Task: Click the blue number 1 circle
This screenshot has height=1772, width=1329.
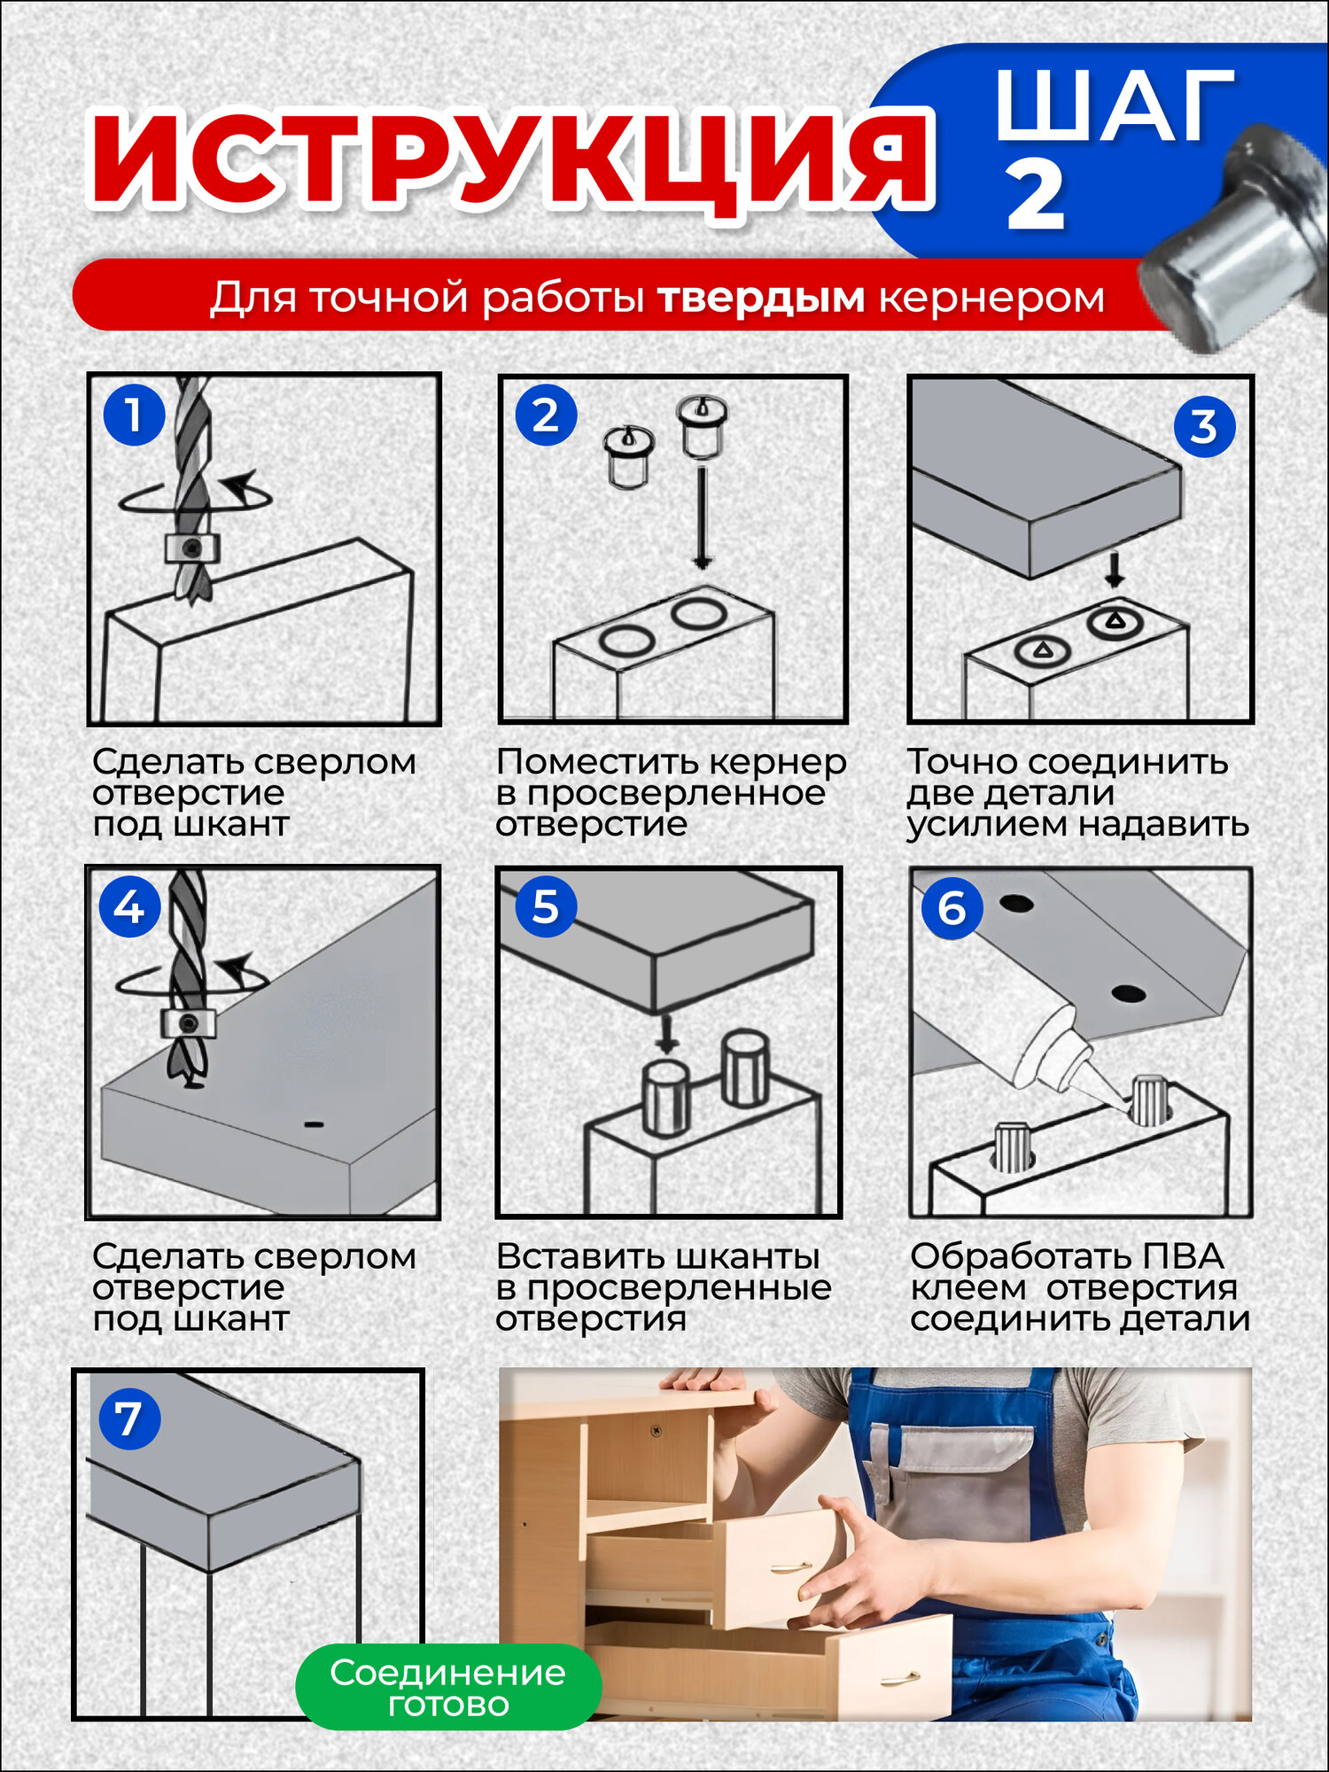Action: (x=134, y=414)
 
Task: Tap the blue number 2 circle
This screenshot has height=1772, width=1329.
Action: (x=546, y=414)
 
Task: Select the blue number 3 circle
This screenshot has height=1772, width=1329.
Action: (x=1205, y=426)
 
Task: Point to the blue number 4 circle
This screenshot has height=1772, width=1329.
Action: (x=129, y=906)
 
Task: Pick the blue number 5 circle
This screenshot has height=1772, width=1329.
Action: (x=546, y=906)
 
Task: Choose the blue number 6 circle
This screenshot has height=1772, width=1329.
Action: (x=952, y=907)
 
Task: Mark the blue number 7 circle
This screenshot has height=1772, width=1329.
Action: (x=129, y=1418)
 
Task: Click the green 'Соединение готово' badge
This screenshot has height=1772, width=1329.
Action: (x=448, y=1687)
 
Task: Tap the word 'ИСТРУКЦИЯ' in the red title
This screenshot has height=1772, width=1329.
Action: (x=511, y=159)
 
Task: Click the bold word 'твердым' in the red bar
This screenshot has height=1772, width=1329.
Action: (x=761, y=298)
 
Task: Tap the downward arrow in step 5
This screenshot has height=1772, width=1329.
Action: (x=667, y=1033)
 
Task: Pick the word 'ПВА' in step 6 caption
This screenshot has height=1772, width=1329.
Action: (x=1183, y=1256)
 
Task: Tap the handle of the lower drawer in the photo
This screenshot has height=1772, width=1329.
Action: (x=900, y=1676)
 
